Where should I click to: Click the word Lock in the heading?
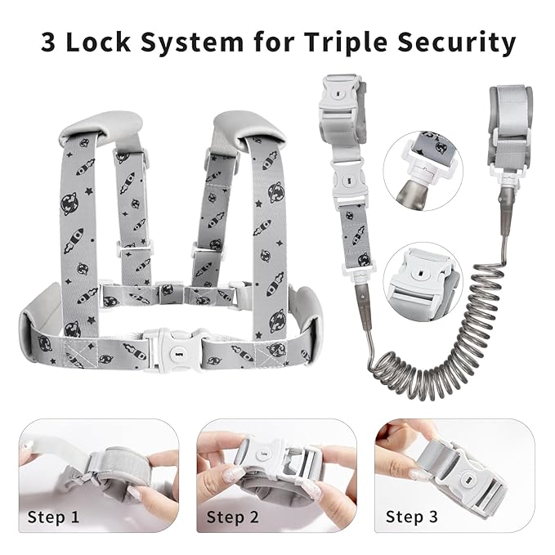(98, 42)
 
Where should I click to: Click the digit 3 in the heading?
(48, 43)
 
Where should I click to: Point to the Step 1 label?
(53, 517)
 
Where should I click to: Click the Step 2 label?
(233, 517)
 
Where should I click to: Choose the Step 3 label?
(412, 517)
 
